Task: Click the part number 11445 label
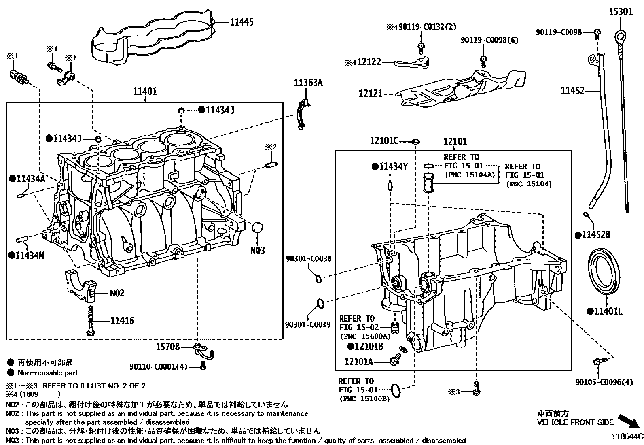pyautogui.click(x=241, y=22)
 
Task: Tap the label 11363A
pyautogui.click(x=308, y=83)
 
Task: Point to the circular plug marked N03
pyautogui.click(x=257, y=228)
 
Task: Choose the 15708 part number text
pyautogui.click(x=168, y=347)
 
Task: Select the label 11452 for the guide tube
pyautogui.click(x=572, y=91)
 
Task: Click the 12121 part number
pyautogui.click(x=370, y=94)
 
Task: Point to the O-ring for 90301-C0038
pyautogui.click(x=319, y=279)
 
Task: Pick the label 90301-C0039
pyautogui.click(x=308, y=324)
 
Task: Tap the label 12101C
pyautogui.click(x=384, y=141)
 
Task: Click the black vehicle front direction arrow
pyautogui.click(x=629, y=421)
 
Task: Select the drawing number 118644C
pyautogui.click(x=627, y=436)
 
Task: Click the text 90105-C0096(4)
pyautogui.click(x=604, y=382)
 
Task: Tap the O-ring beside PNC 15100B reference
pyautogui.click(x=396, y=391)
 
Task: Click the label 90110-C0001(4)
pyautogui.click(x=159, y=367)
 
